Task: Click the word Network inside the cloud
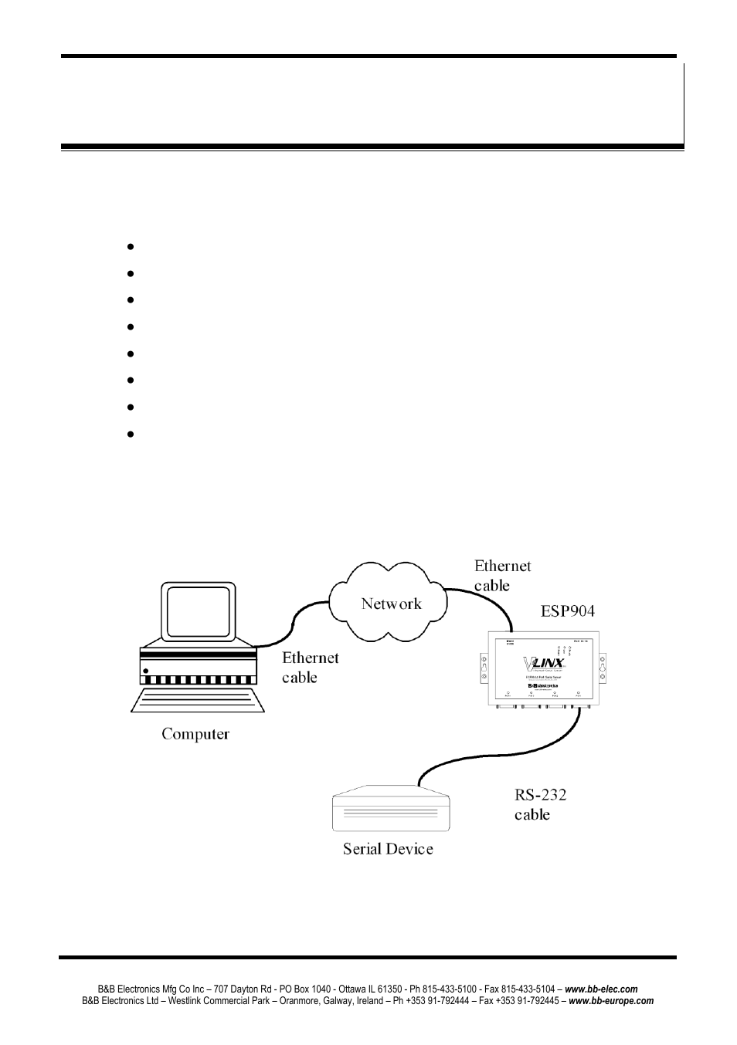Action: [391, 604]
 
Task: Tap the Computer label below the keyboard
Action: [195, 734]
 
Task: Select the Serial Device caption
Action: [388, 849]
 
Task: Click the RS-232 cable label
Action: [541, 804]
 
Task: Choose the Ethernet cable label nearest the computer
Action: [310, 667]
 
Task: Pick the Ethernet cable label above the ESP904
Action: [502, 576]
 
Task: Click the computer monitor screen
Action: [198, 612]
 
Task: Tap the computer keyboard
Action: [198, 700]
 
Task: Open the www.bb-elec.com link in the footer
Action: [601, 989]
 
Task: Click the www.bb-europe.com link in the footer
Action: [611, 1001]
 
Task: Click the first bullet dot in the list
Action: [130, 247]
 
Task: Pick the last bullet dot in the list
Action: [130, 434]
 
